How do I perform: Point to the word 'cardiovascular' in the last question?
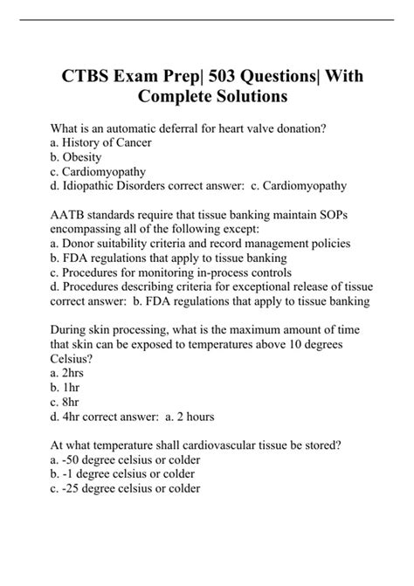204,445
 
